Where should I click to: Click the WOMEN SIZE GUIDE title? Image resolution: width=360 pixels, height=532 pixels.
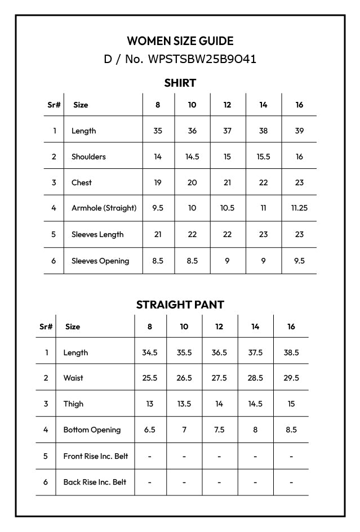click(x=180, y=41)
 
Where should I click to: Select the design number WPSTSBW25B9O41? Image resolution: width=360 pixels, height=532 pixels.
click(x=202, y=59)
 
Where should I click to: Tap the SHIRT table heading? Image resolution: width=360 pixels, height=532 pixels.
click(x=180, y=83)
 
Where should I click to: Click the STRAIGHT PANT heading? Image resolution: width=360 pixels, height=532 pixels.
click(x=180, y=305)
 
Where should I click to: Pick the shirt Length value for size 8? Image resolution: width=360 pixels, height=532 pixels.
click(x=158, y=131)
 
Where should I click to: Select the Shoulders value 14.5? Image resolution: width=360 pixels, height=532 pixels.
click(x=192, y=157)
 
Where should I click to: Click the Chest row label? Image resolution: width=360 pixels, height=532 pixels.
click(x=82, y=182)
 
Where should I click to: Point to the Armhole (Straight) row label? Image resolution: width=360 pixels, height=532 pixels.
click(x=104, y=208)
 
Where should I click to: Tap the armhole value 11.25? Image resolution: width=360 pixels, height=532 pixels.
click(x=299, y=208)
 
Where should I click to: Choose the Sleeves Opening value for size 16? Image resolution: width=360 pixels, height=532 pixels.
click(x=299, y=261)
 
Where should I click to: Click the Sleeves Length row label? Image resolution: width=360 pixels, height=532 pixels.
click(x=97, y=234)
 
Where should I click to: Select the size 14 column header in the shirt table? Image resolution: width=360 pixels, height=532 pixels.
click(x=263, y=105)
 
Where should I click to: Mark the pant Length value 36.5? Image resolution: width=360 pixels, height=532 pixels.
click(x=219, y=352)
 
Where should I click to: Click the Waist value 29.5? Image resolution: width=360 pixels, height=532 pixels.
click(x=291, y=378)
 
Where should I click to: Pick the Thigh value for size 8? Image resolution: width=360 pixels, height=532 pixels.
click(x=150, y=404)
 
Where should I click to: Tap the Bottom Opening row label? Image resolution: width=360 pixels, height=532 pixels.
click(x=92, y=430)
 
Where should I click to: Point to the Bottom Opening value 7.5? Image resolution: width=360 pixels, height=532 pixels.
click(x=219, y=430)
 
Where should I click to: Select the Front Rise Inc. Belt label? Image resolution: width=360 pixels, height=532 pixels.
click(x=95, y=456)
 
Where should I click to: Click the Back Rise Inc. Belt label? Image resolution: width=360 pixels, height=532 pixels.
click(x=95, y=482)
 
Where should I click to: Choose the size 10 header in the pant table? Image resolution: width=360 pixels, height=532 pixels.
click(x=184, y=327)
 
